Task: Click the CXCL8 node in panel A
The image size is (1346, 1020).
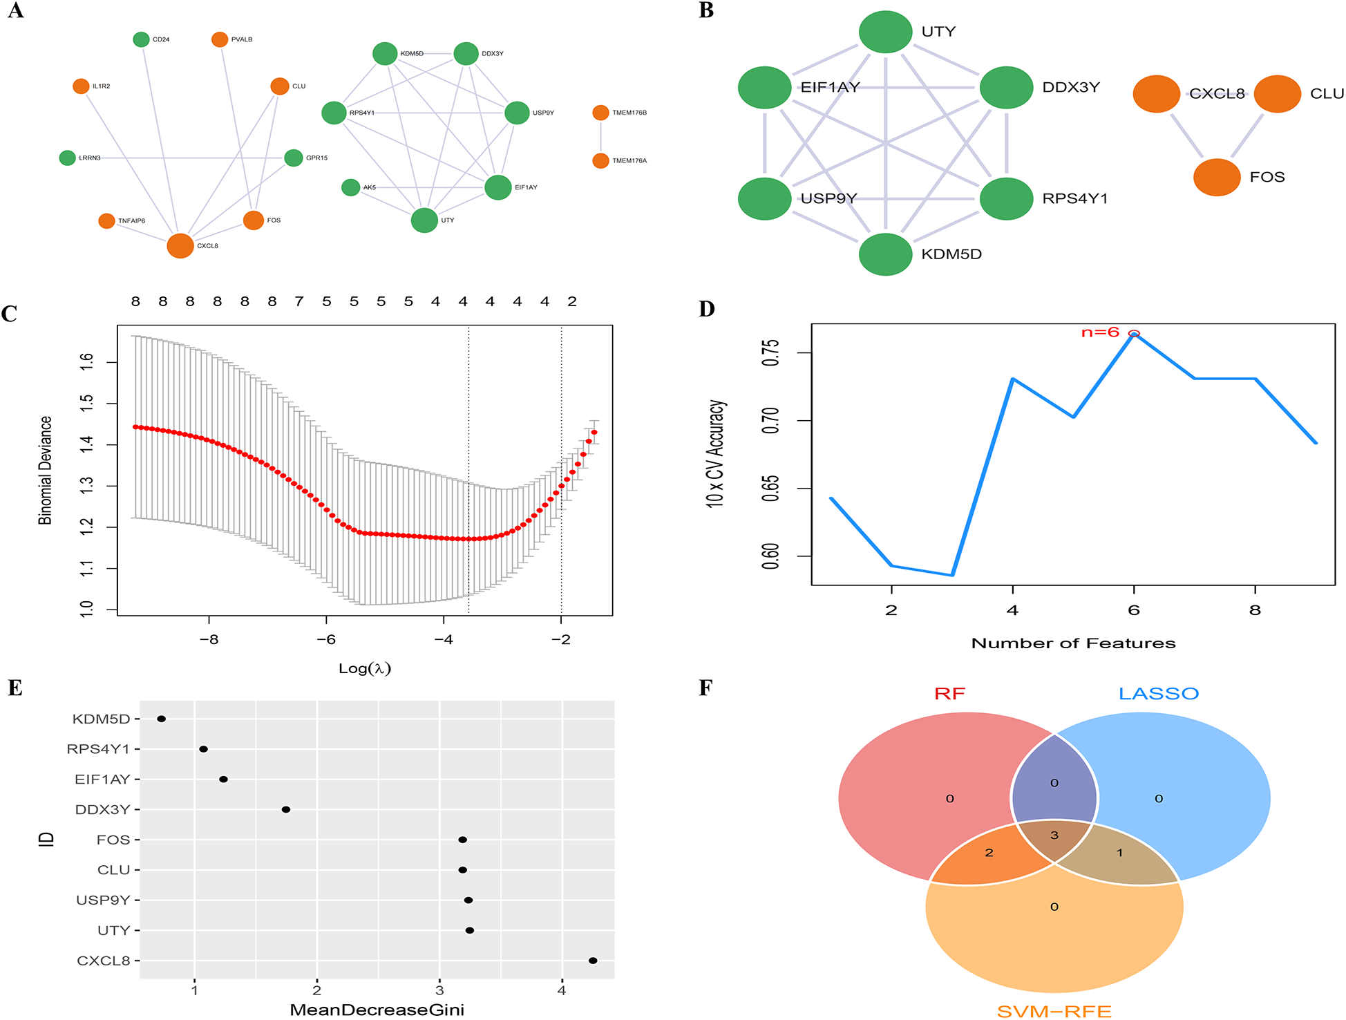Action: (180, 245)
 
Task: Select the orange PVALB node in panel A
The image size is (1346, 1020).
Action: (220, 39)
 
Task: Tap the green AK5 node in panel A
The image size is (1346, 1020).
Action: (351, 187)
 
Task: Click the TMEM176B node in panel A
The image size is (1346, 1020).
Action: (600, 113)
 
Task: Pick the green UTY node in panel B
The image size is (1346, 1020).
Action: (885, 32)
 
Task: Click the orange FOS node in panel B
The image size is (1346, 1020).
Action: (1217, 177)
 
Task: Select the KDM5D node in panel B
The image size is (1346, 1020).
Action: (885, 254)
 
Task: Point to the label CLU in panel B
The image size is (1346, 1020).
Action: (1327, 94)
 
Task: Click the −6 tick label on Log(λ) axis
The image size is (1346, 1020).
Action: (326, 640)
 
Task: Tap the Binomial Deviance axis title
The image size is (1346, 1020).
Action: (45, 470)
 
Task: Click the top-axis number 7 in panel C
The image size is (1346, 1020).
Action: (299, 302)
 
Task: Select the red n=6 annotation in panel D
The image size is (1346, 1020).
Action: (1100, 332)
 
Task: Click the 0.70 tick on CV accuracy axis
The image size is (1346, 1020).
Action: (770, 420)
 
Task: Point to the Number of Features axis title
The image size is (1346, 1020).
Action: (1073, 643)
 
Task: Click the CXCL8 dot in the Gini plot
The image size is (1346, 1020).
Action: (593, 961)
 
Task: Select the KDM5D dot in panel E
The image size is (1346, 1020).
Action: (162, 719)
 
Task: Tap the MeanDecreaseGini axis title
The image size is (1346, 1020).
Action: (377, 1010)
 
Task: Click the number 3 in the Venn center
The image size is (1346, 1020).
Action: (1054, 835)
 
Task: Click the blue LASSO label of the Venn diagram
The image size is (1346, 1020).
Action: (1159, 694)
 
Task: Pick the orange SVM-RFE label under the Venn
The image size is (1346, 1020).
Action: (1054, 1012)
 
